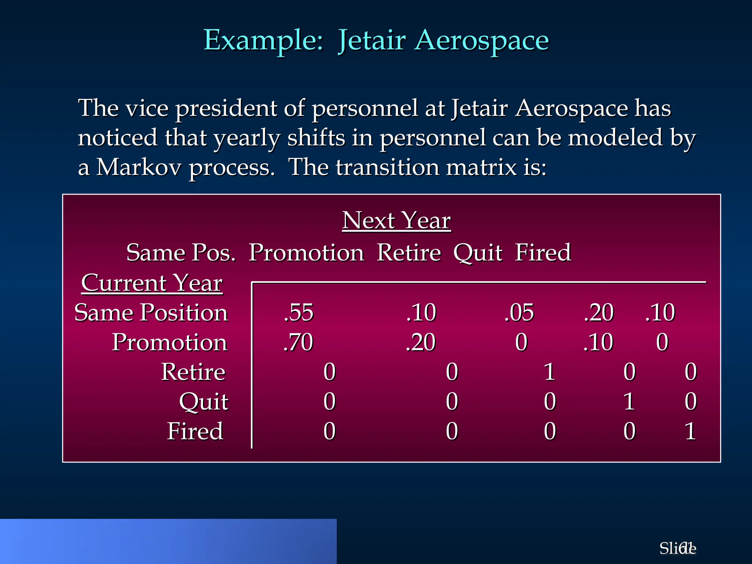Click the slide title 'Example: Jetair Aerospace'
(376, 40)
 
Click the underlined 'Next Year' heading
(396, 221)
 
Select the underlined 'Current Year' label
(152, 283)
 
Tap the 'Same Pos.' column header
(181, 253)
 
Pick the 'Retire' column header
(409, 253)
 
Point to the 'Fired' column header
(543, 253)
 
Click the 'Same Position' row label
(151, 313)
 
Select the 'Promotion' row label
(169, 343)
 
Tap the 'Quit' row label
(204, 402)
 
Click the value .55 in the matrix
(299, 313)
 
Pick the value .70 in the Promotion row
(298, 343)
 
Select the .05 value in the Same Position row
(519, 313)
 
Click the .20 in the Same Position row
(599, 313)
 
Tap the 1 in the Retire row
(549, 372)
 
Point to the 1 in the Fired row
(690, 431)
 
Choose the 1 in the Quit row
(629, 402)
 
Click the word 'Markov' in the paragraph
(139, 167)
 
